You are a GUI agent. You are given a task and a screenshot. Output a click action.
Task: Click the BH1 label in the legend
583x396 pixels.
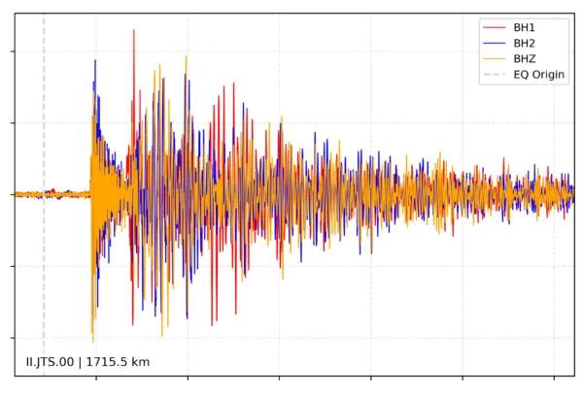[x=525, y=27]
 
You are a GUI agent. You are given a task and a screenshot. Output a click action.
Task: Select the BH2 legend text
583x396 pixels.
[x=525, y=43]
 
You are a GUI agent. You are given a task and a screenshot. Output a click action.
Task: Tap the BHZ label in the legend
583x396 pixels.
[x=525, y=58]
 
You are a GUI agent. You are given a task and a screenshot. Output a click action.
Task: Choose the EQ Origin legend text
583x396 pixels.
[x=539, y=75]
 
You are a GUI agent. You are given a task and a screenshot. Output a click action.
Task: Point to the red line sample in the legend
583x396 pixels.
[x=494, y=27]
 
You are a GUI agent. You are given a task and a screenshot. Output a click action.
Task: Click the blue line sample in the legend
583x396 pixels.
[x=494, y=43]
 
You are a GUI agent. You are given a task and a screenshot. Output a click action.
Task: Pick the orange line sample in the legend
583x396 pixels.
[x=494, y=58]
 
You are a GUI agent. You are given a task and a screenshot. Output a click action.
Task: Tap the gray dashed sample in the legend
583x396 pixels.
[x=494, y=75]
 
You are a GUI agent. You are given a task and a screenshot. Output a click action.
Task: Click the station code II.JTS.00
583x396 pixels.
[x=51, y=362]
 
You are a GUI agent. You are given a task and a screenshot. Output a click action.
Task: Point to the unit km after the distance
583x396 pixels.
[x=141, y=362]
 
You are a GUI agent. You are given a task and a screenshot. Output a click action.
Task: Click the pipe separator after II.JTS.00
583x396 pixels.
[x=82, y=362]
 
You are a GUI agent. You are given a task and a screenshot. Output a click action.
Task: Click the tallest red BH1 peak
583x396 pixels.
[x=134, y=31]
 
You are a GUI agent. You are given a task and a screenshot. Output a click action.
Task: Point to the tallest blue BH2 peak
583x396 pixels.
[x=94, y=60]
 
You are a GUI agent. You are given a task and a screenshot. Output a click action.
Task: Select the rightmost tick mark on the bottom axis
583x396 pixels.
[x=554, y=378]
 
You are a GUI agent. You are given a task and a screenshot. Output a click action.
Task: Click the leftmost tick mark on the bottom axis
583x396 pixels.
[x=95, y=378]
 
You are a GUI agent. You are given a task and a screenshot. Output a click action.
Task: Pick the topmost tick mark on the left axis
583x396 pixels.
[x=11, y=51]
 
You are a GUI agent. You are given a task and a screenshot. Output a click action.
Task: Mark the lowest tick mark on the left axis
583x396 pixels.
[x=11, y=336]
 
